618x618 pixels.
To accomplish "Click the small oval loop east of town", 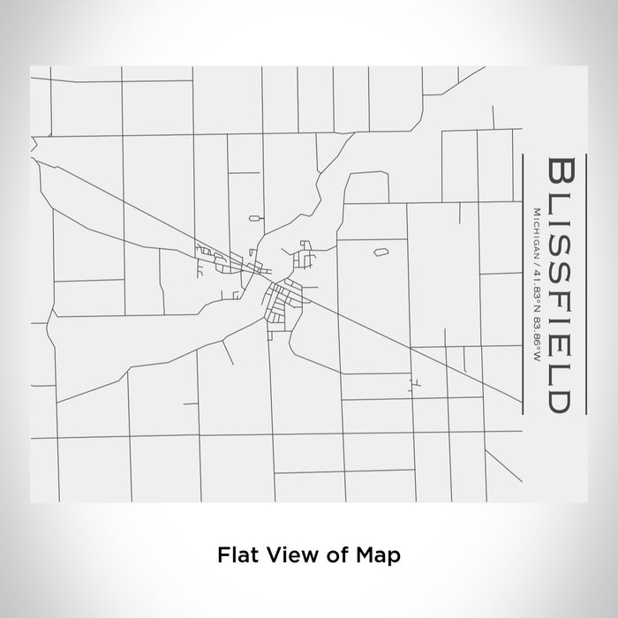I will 381,252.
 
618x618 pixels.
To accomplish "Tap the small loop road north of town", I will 255,215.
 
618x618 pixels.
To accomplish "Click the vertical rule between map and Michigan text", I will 524,283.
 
